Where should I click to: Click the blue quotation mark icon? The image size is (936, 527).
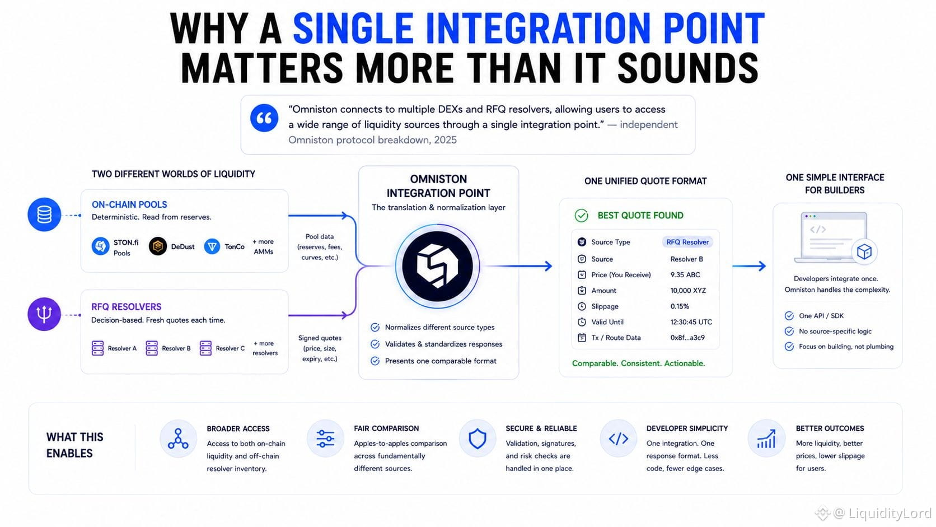(264, 118)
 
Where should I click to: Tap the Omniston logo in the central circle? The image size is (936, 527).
(438, 266)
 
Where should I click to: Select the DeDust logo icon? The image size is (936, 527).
(158, 246)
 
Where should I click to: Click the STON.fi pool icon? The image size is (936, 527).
(100, 246)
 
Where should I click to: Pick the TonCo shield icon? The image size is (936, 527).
(212, 246)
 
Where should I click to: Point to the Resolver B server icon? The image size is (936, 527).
(152, 348)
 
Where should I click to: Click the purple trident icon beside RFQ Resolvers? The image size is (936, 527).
(44, 314)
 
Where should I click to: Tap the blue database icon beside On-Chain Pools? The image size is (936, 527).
(44, 214)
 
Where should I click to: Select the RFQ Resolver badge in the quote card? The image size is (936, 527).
(687, 242)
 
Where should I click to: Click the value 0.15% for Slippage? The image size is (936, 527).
(680, 306)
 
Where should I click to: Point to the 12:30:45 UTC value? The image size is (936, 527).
(691, 322)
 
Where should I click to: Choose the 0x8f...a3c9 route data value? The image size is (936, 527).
(687, 338)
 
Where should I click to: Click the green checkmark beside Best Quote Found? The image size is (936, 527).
(581, 216)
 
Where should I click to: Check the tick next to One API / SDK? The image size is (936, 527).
(789, 316)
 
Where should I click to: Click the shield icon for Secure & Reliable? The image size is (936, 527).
(477, 439)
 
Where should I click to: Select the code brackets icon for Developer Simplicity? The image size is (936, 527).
(619, 439)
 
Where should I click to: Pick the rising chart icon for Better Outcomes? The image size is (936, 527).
(766, 439)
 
